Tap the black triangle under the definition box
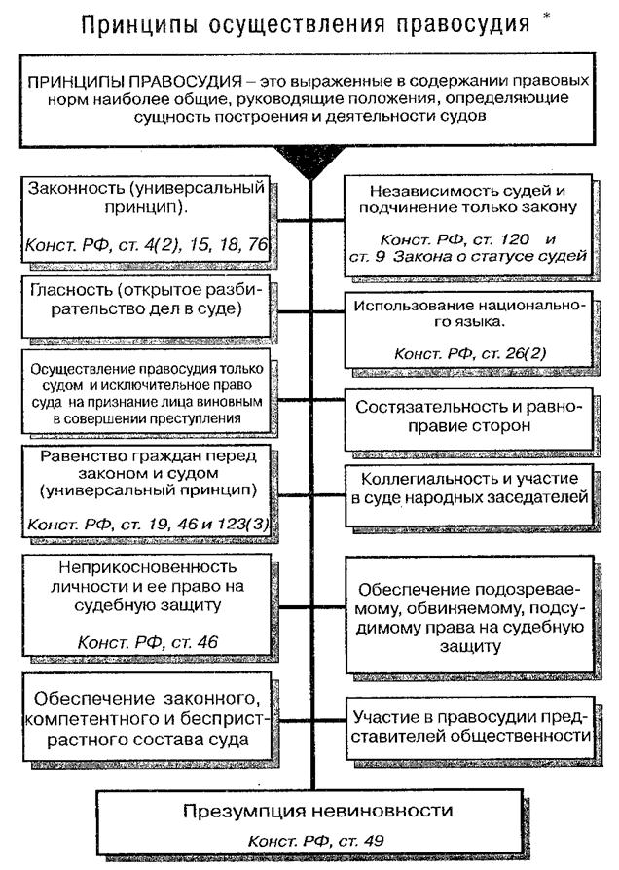point(309,158)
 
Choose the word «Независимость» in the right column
point(423,191)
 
